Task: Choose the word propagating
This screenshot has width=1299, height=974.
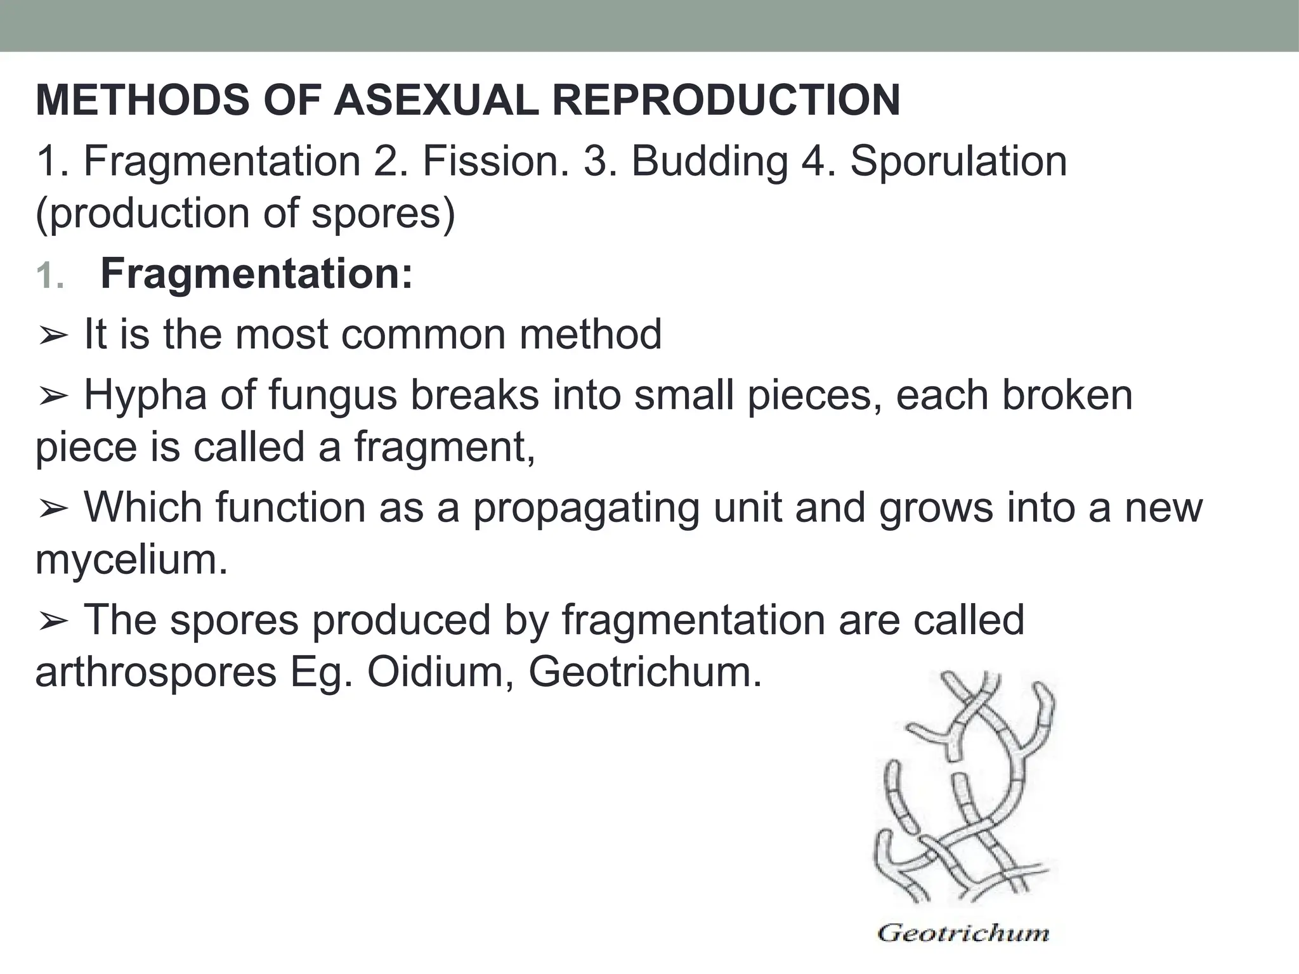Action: (586, 509)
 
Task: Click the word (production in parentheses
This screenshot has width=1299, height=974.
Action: (143, 214)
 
